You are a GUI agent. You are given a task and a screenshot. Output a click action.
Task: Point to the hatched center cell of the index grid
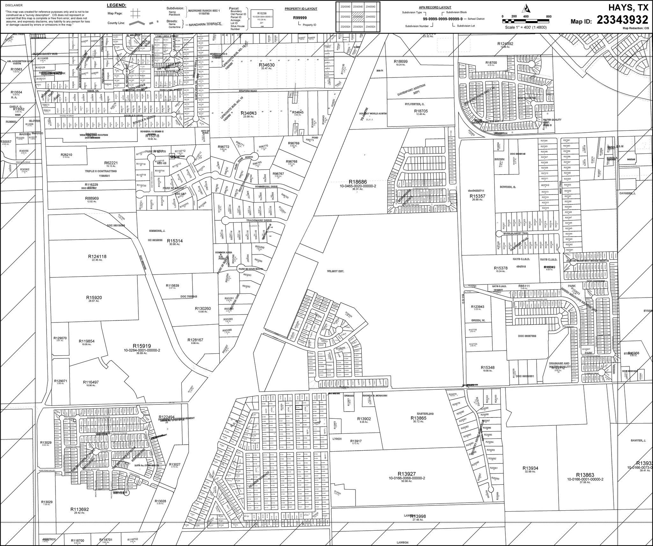click(x=358, y=17)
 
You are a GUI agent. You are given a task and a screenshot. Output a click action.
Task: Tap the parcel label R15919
click(x=142, y=346)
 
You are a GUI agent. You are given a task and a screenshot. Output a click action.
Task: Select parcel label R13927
click(x=407, y=474)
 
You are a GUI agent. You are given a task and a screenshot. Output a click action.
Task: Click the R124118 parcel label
click(x=97, y=256)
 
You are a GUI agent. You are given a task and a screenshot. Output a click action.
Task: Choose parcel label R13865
click(x=418, y=418)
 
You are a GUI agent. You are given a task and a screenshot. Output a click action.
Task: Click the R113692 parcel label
click(x=79, y=509)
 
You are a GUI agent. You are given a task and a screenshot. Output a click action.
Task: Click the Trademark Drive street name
click(x=259, y=220)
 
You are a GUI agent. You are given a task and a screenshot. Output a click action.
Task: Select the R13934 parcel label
click(x=530, y=468)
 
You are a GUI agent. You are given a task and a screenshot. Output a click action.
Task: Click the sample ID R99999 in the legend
click(x=300, y=18)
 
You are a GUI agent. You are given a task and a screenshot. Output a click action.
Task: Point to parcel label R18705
click(x=421, y=111)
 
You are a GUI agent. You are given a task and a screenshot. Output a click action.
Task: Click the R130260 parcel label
click(x=202, y=308)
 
